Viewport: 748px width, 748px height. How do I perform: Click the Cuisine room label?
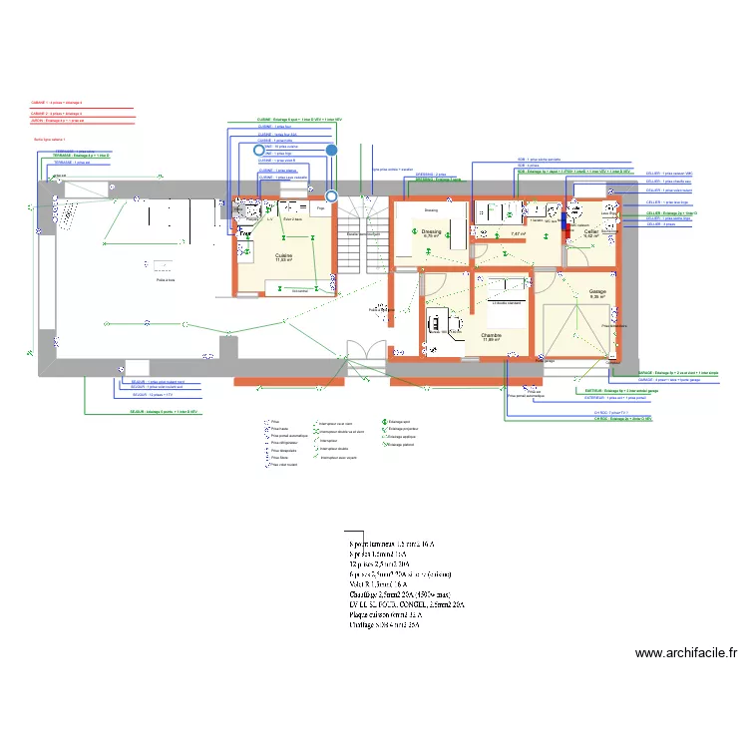tap(284, 255)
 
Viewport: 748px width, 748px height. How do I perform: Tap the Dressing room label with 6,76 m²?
tap(432, 231)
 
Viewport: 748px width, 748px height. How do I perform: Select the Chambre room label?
tap(491, 335)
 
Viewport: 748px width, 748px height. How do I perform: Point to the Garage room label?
tap(597, 292)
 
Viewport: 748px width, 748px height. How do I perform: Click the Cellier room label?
tap(591, 231)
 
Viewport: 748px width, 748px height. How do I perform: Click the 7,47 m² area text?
tap(517, 233)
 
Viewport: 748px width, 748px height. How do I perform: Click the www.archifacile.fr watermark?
tap(685, 654)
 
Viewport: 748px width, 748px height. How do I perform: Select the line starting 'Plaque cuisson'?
tap(383, 615)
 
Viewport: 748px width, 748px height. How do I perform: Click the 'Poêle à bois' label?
tap(166, 280)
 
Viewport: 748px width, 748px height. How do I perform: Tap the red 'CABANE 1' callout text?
tap(56, 102)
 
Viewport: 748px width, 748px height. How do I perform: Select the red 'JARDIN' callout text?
tap(58, 122)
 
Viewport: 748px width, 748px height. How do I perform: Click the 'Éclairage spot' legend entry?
tap(400, 423)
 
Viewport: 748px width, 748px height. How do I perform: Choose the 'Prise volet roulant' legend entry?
tap(284, 465)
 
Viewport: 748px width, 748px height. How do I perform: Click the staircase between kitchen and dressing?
tap(360, 234)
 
